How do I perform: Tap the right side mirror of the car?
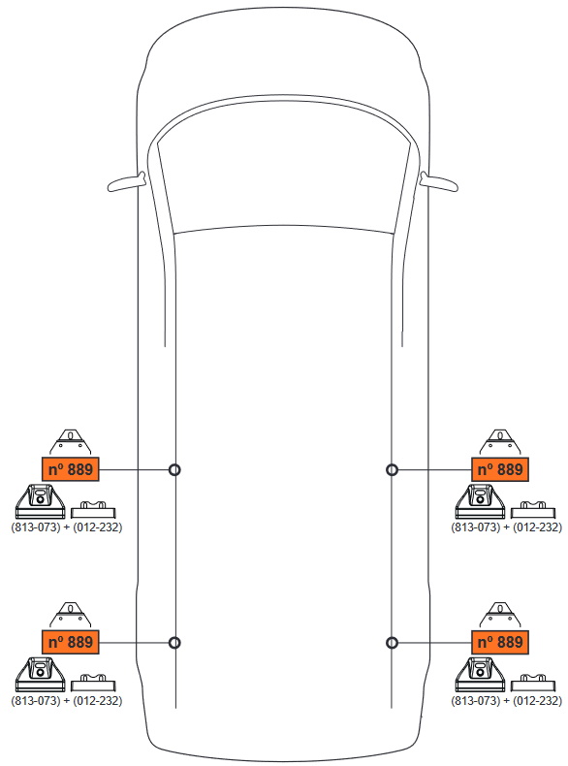438,182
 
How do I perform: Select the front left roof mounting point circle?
174,469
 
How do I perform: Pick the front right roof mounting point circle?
392,469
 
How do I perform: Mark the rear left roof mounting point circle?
174,643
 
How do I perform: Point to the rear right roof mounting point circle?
392,643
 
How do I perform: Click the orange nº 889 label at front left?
71,469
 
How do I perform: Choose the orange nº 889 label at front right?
499,469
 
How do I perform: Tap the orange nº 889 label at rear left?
71,642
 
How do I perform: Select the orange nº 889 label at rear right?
499,642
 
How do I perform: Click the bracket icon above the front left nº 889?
71,441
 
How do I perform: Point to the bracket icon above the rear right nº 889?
500,615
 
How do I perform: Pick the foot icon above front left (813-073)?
40,501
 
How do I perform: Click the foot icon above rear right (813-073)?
480,674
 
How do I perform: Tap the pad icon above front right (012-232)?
533,509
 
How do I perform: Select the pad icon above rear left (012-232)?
93,683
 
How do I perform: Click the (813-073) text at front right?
476,527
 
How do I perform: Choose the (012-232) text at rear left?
97,700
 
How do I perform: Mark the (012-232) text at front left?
97,527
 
